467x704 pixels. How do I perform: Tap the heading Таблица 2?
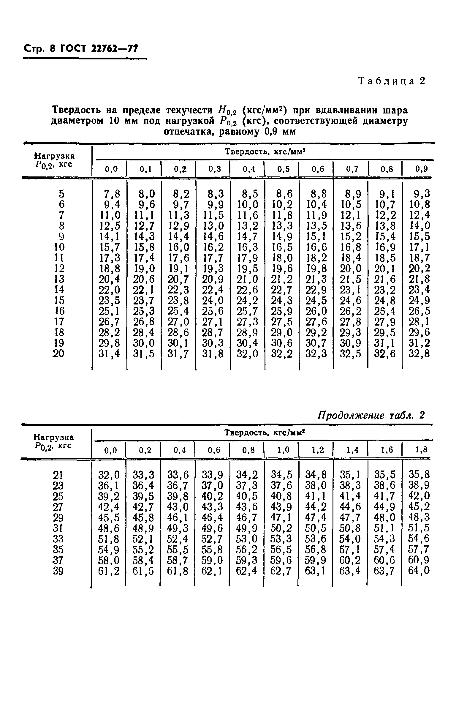point(392,81)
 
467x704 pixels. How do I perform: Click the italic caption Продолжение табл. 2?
point(371,415)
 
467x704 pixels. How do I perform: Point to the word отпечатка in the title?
point(189,131)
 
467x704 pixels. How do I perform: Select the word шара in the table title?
point(394,110)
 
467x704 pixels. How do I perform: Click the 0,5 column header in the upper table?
point(283,169)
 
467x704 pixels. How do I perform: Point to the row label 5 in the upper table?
point(61,194)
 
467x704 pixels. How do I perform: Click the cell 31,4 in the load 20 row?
point(109,354)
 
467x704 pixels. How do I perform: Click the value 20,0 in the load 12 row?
point(351,269)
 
